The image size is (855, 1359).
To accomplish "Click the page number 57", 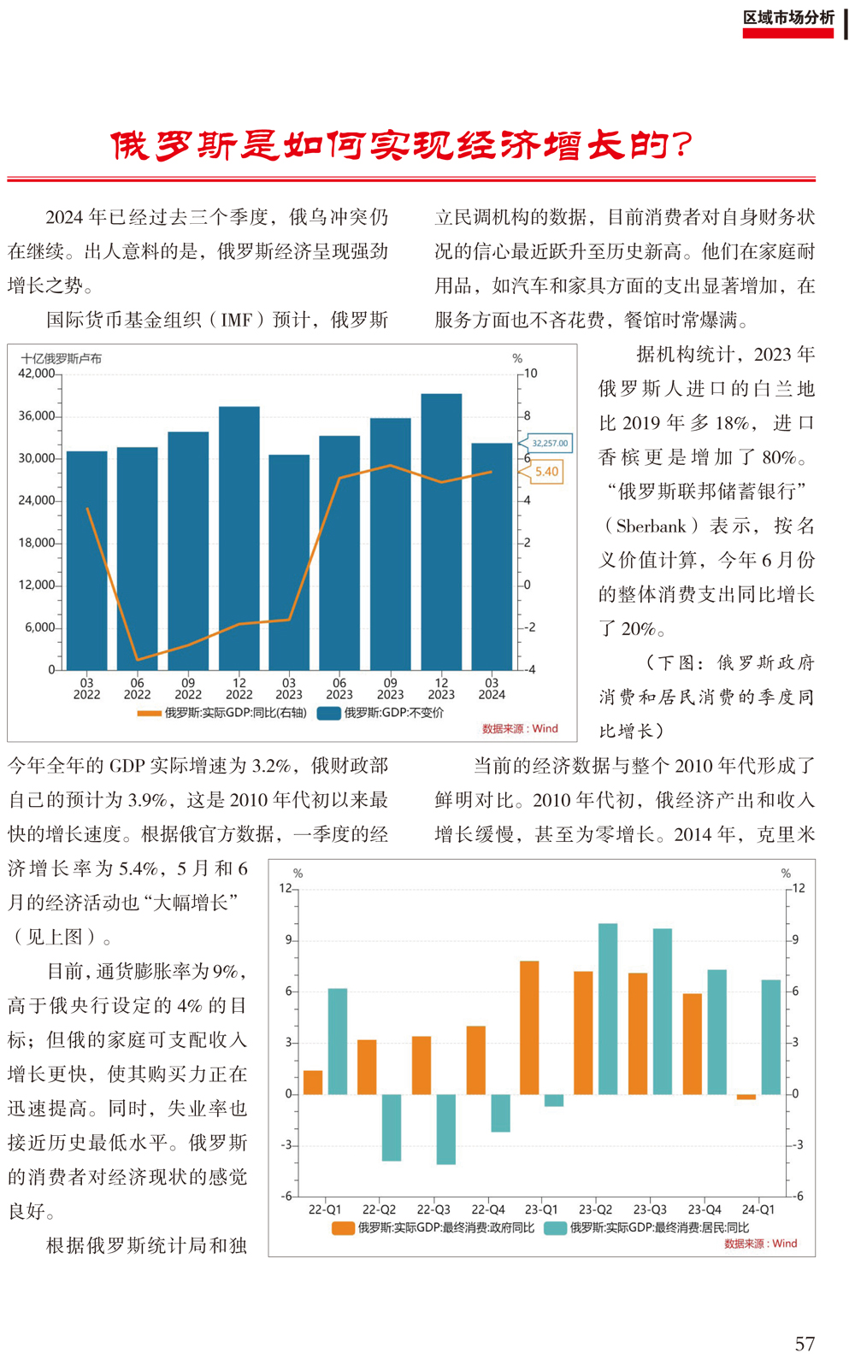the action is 805,1344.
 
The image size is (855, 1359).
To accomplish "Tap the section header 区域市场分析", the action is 788,18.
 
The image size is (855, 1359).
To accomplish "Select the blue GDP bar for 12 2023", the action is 441,532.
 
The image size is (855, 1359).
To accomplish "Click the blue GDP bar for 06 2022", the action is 137,558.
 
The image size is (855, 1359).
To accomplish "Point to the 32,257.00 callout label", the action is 549,443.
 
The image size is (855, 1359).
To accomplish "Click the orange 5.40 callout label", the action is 546,472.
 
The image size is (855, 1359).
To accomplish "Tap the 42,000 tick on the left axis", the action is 37,374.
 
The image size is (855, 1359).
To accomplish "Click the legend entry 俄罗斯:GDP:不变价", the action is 381,713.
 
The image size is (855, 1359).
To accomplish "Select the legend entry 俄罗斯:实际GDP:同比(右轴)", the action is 222,713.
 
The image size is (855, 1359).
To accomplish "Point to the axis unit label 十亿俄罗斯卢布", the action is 62,359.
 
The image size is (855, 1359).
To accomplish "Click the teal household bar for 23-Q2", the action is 608,1009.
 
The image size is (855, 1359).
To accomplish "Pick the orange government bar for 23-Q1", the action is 529,1027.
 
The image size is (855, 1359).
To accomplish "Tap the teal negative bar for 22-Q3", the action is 446,1129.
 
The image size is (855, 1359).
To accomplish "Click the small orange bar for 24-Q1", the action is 746,1097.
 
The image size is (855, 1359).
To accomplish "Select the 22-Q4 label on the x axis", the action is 488,1209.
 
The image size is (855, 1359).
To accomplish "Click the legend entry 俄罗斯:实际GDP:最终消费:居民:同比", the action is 647,1228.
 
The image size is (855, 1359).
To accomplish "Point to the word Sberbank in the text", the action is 652,526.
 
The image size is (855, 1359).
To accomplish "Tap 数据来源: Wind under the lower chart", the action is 761,1244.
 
